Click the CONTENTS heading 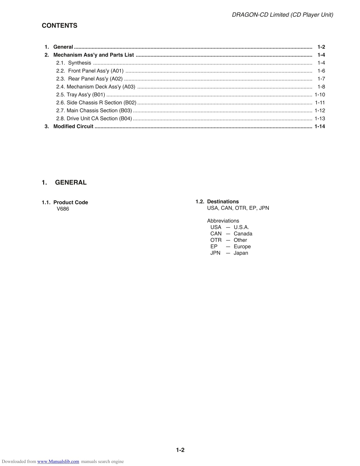[x=59, y=26]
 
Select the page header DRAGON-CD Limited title [x=282, y=15]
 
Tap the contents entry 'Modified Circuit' [x=73, y=126]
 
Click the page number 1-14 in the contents [x=320, y=126]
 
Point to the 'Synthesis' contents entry [x=79, y=63]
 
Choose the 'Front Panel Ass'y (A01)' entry [x=95, y=71]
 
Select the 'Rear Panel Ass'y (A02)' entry [x=95, y=79]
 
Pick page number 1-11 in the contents [x=320, y=103]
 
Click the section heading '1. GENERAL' [x=64, y=183]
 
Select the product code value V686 [x=63, y=209]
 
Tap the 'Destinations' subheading [x=223, y=201]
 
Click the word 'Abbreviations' [x=223, y=221]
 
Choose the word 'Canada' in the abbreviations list [x=243, y=234]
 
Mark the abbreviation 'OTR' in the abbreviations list [x=216, y=240]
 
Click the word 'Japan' [x=241, y=253]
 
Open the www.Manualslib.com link [x=58, y=461]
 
